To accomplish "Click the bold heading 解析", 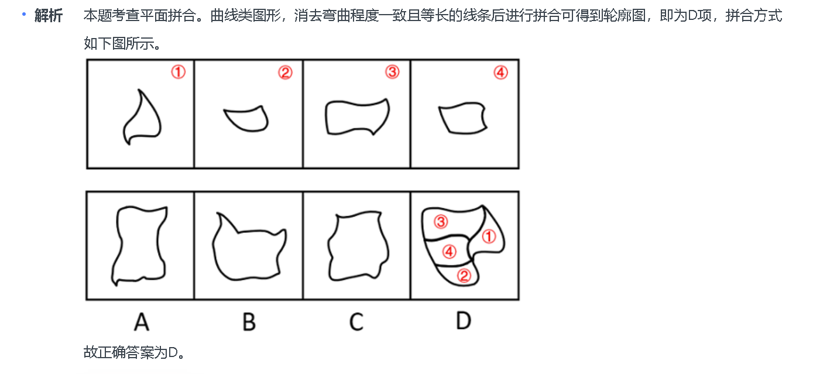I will (x=48, y=16).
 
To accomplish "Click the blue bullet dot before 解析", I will (x=24, y=13).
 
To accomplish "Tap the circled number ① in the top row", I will (x=178, y=72).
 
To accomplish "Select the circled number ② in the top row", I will (x=285, y=73).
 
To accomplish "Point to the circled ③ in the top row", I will (x=392, y=72).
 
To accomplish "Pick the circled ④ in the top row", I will (x=500, y=73).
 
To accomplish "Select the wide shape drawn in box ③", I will (x=356, y=117).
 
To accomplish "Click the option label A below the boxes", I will (x=141, y=321).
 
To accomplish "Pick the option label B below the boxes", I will (x=249, y=321).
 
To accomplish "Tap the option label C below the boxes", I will (x=356, y=321).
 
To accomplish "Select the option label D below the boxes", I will (x=463, y=321).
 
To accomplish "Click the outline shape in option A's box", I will (x=140, y=245).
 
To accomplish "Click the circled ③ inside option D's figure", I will (x=440, y=222).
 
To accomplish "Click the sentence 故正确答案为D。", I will (x=135, y=352).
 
